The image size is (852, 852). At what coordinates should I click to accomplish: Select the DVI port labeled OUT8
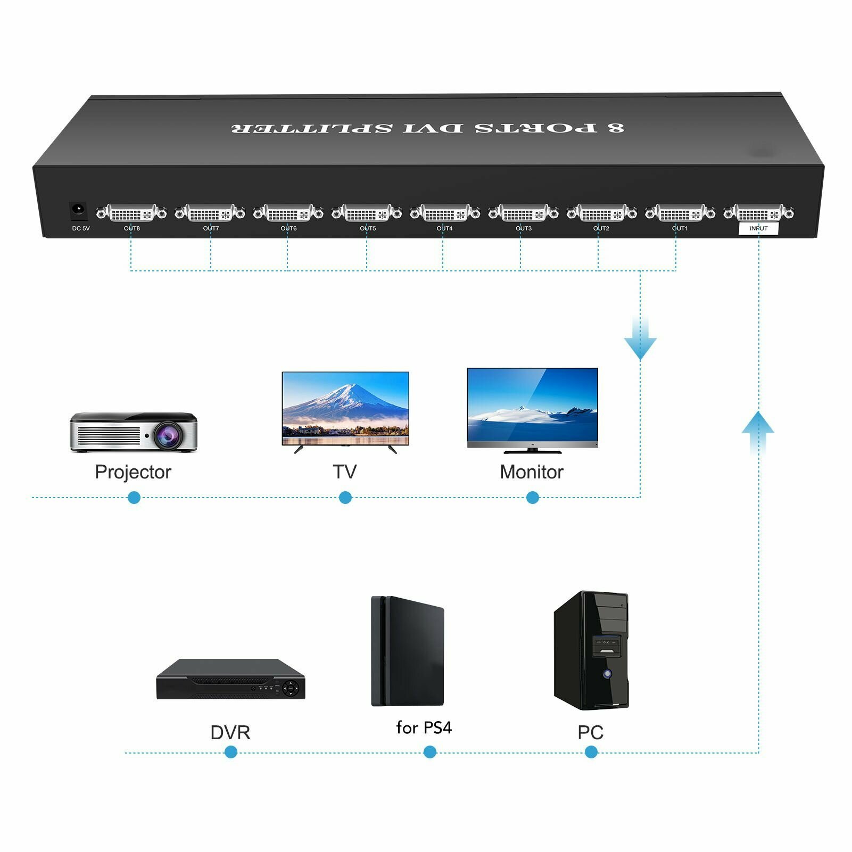tap(131, 213)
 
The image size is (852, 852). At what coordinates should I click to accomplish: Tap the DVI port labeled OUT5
tap(367, 213)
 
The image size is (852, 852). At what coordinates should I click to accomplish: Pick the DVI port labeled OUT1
tap(680, 213)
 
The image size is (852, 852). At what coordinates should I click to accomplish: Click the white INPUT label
tap(758, 228)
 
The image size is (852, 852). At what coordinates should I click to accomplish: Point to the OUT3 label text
tap(524, 228)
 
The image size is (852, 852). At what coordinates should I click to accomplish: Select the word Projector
tap(133, 472)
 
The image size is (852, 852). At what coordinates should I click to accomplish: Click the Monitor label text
tap(532, 472)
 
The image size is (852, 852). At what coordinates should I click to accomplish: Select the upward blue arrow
tap(758, 433)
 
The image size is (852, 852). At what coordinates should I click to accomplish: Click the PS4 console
tap(408, 651)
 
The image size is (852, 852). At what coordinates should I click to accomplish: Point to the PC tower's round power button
tap(607, 674)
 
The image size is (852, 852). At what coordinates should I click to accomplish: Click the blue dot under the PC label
tap(591, 752)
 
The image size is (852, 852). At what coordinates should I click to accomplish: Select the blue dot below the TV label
tap(345, 498)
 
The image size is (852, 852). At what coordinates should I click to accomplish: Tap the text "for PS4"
tap(424, 727)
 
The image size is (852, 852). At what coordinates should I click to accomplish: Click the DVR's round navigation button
tap(291, 689)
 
